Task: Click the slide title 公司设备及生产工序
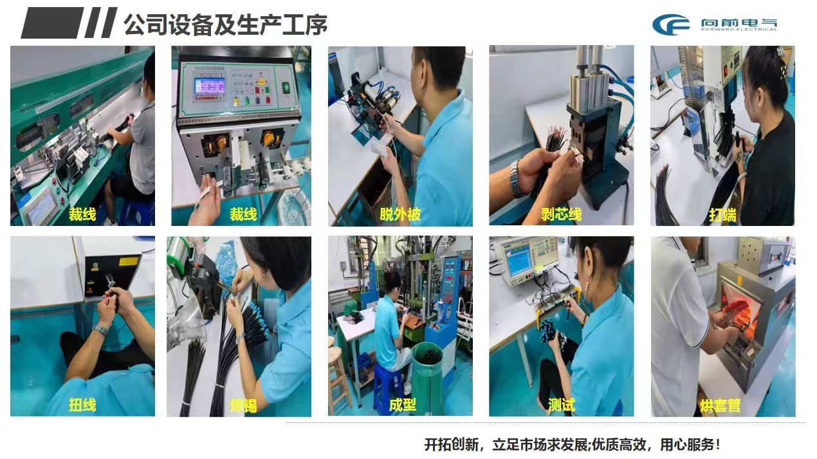(x=225, y=24)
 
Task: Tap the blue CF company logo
(x=670, y=24)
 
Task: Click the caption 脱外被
(x=400, y=214)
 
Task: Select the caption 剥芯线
(x=561, y=214)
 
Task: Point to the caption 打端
(x=722, y=214)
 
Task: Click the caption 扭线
(x=82, y=405)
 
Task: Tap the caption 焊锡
(x=243, y=406)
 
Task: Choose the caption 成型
(x=402, y=405)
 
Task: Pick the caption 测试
(x=562, y=405)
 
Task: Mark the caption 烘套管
(x=720, y=406)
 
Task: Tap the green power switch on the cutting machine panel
(x=286, y=88)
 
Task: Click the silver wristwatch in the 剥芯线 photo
(x=515, y=179)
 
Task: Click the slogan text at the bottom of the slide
(x=573, y=444)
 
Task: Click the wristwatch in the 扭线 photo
(x=101, y=330)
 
